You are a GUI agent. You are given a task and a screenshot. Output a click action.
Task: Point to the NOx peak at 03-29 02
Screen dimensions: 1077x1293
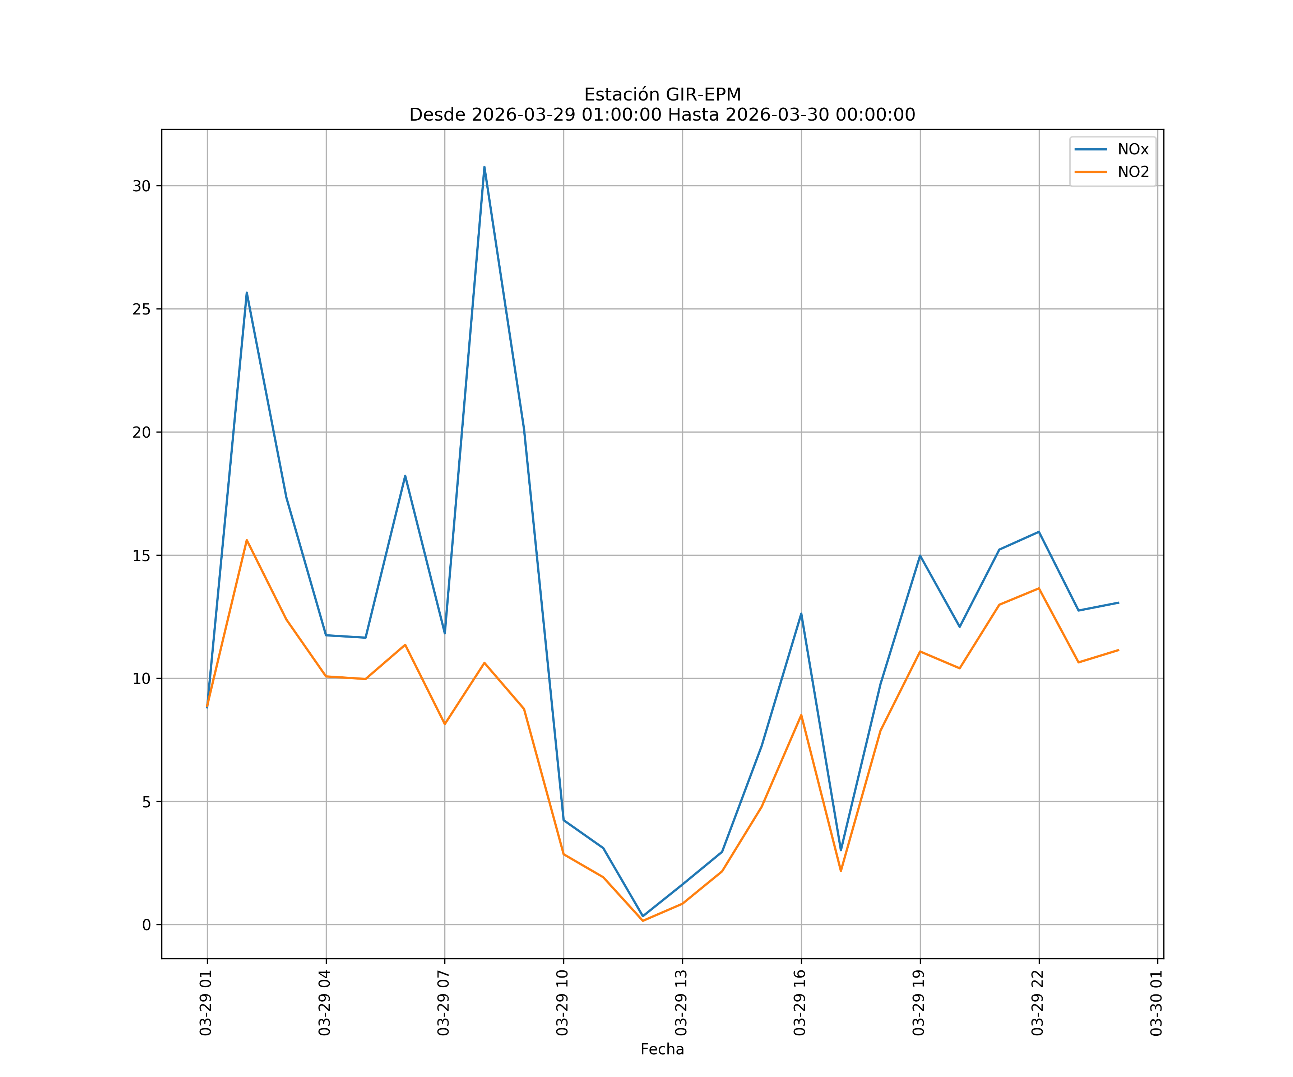246,293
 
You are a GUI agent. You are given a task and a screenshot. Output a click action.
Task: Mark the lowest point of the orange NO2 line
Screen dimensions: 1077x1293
643,921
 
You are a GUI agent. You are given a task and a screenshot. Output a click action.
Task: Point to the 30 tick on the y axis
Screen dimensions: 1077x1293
141,186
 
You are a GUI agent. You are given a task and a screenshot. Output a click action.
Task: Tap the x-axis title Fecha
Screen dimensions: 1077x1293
662,1049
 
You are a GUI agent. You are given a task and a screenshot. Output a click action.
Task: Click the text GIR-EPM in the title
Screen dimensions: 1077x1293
703,95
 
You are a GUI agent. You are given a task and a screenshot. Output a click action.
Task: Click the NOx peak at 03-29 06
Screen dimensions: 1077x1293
405,476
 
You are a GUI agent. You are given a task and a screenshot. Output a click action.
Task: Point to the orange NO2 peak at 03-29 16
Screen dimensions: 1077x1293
801,714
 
